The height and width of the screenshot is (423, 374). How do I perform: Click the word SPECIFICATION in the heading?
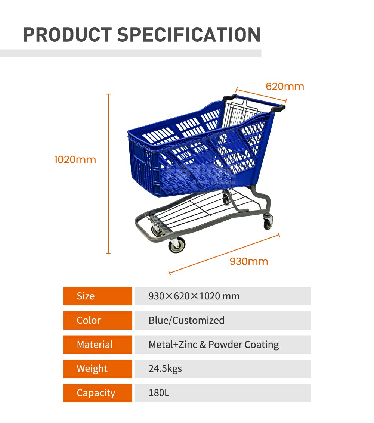(x=189, y=35)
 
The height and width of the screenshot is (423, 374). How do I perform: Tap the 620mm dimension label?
(x=285, y=87)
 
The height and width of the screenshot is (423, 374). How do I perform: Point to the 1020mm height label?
(x=75, y=160)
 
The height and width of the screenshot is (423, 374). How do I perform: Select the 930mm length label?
(x=248, y=261)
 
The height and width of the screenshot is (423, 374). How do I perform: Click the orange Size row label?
(x=98, y=296)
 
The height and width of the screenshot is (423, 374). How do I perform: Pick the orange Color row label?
(x=98, y=320)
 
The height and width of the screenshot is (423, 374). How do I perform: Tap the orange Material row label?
(x=98, y=345)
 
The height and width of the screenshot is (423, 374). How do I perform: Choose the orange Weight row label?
(x=98, y=369)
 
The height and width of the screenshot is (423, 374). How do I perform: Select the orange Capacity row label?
(x=98, y=393)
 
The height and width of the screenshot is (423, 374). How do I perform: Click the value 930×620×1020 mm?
(x=194, y=296)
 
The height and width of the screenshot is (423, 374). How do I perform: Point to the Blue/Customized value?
(x=186, y=320)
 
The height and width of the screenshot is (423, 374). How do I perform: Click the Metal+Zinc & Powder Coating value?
(x=214, y=345)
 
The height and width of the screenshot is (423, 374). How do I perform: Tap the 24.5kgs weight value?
(x=165, y=369)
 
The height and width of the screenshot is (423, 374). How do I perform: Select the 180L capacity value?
(x=159, y=393)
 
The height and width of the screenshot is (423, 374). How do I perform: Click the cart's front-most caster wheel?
(x=176, y=246)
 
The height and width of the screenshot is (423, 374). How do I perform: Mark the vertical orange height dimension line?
(x=109, y=174)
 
